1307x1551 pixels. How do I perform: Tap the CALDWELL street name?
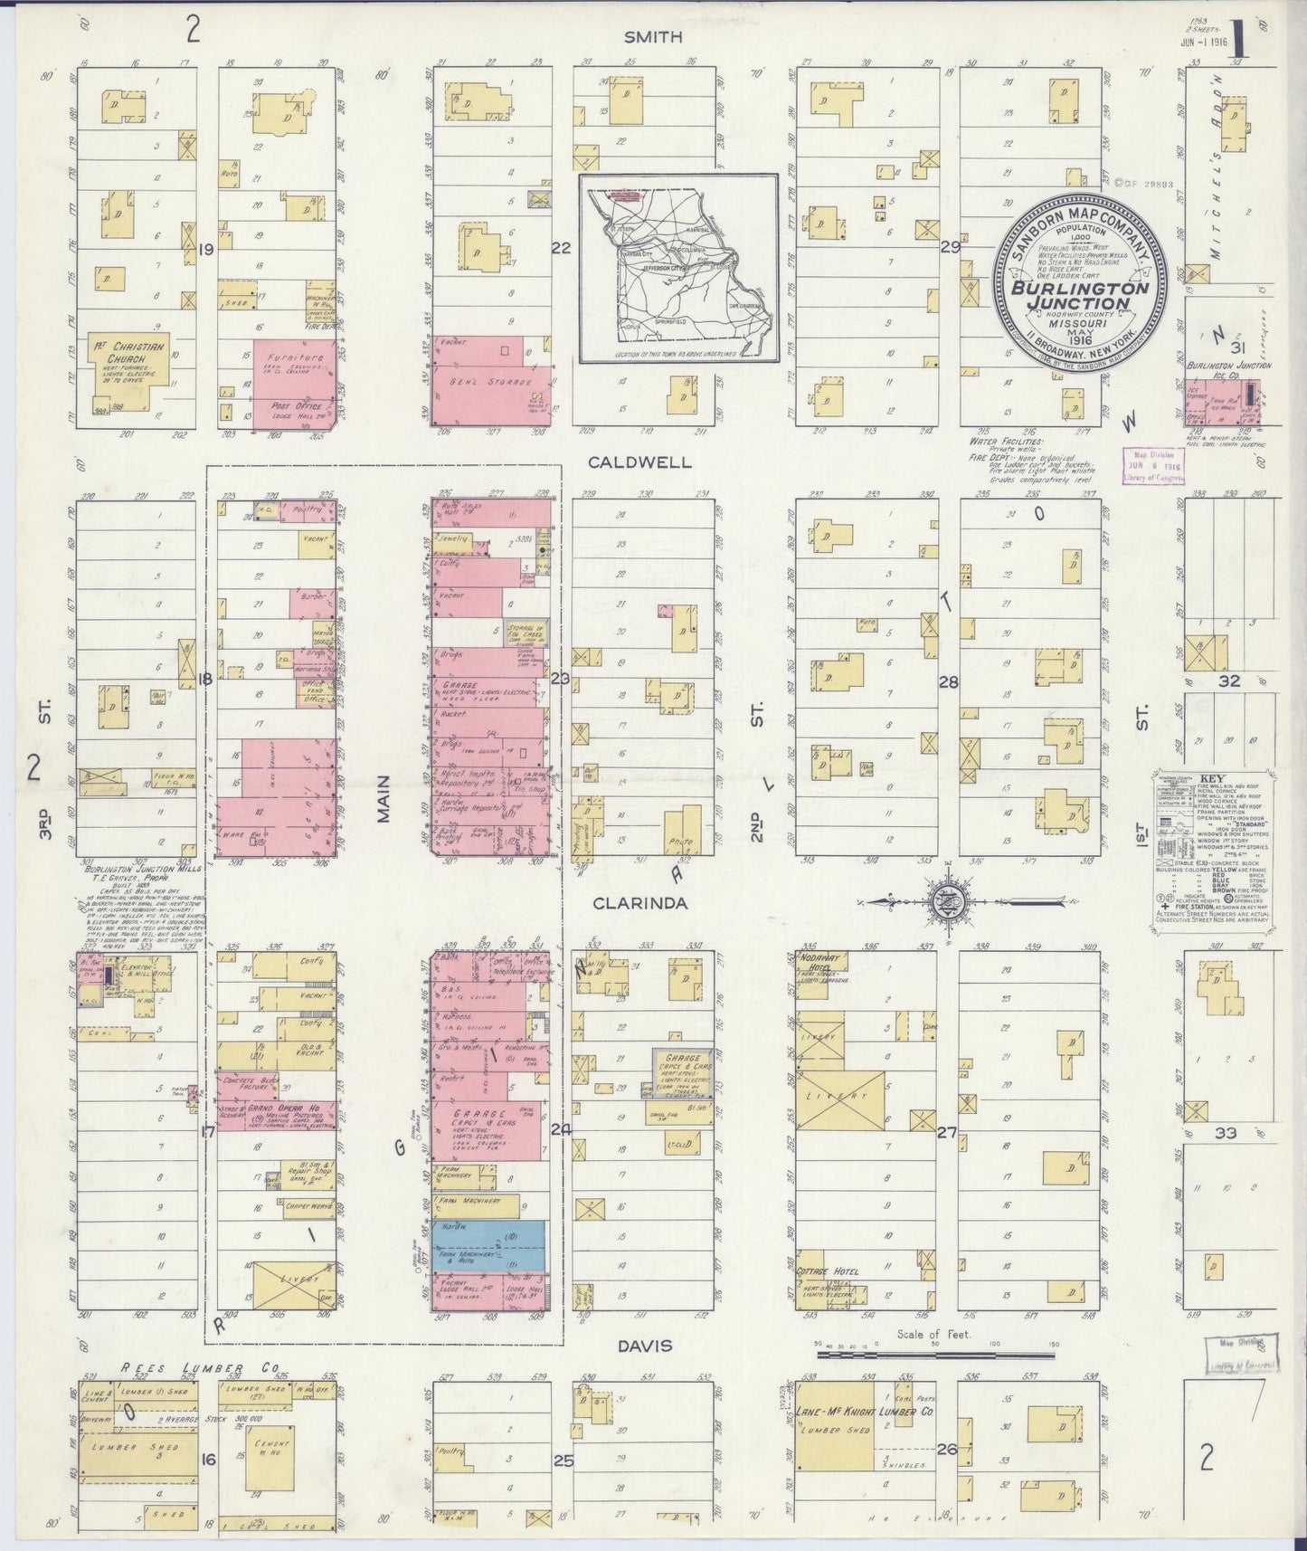639,461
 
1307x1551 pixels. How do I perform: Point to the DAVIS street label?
645,1346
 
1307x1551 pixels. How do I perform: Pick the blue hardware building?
488,1244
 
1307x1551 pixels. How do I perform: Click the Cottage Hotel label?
827,1271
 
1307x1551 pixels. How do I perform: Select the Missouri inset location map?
678,269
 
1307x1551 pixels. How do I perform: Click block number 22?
562,246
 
